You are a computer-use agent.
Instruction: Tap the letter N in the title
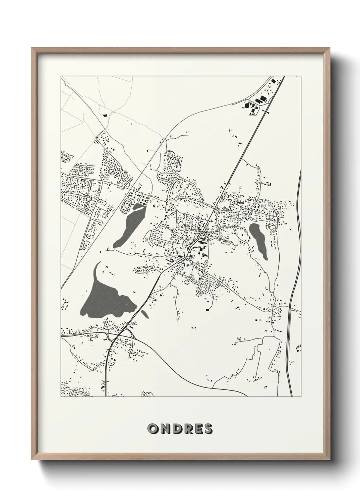click(164, 429)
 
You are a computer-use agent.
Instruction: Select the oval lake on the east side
click(259, 240)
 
